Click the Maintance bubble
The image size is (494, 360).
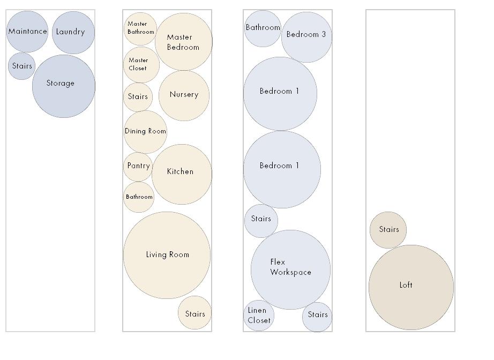27,32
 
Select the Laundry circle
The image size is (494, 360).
73,32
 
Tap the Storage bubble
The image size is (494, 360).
63,86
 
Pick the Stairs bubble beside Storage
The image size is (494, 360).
21,66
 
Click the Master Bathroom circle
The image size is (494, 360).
140,28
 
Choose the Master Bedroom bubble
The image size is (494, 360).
183,42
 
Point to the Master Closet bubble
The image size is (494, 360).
141,65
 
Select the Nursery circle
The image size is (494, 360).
184,95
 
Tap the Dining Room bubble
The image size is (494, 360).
145,131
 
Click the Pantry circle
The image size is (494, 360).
138,167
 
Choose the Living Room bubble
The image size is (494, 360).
167,255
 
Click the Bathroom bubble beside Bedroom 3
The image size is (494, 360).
263,28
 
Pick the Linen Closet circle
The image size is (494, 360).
259,316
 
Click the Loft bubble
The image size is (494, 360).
411,287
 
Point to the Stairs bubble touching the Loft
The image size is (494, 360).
388,230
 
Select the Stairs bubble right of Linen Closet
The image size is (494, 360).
317,316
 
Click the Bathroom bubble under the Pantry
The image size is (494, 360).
139,197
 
